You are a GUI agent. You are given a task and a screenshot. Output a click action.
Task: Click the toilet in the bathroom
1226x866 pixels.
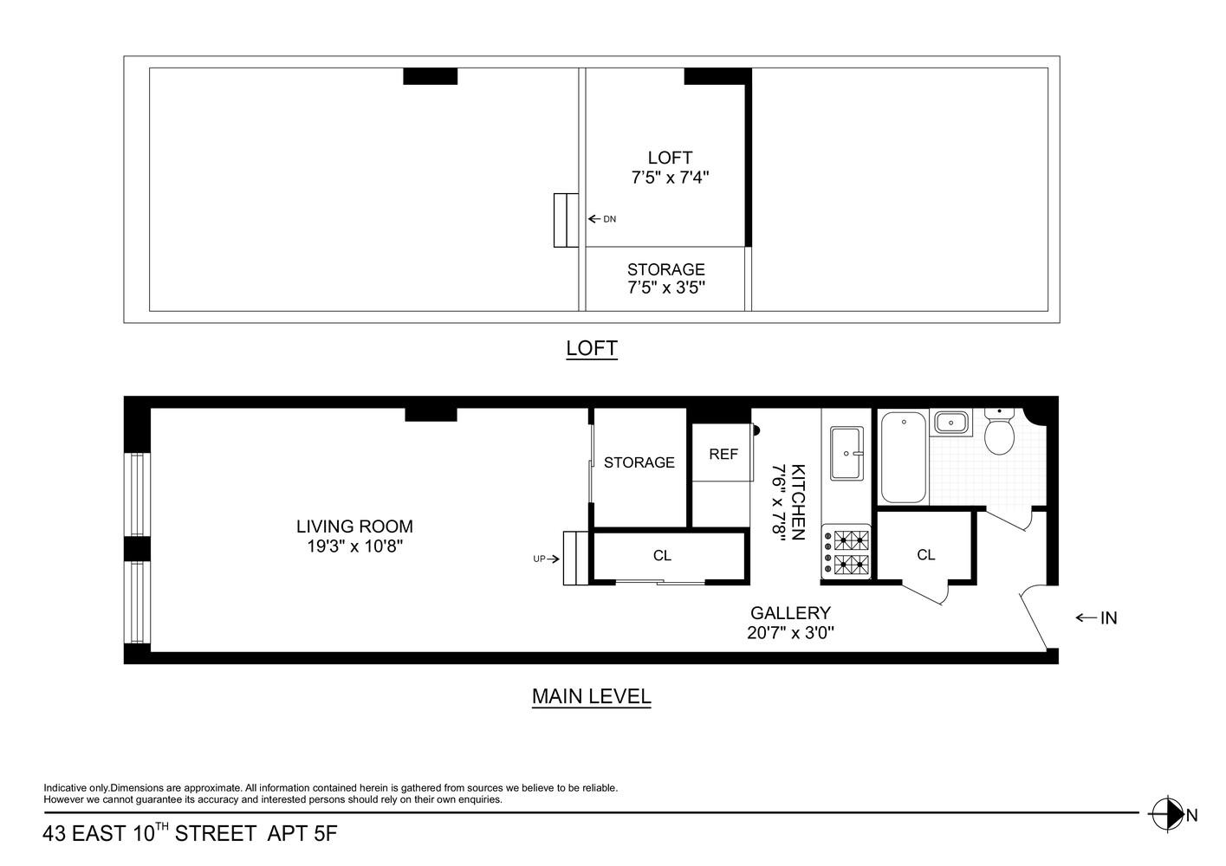[1000, 435]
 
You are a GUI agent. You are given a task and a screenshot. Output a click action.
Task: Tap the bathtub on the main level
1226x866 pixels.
[905, 458]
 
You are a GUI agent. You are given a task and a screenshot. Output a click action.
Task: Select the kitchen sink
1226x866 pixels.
[847, 452]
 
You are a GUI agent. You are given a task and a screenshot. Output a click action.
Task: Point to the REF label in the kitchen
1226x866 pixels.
[723, 454]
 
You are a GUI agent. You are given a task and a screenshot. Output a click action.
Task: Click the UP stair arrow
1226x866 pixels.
[546, 559]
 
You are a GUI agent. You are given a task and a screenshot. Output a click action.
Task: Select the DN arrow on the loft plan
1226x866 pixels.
[602, 219]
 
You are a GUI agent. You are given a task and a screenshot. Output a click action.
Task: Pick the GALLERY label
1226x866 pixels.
[790, 613]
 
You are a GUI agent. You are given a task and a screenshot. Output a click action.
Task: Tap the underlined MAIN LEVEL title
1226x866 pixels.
[591, 696]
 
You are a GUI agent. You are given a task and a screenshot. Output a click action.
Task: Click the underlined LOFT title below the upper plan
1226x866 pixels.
[591, 348]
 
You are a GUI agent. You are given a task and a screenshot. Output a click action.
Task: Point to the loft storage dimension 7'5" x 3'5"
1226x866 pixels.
[666, 288]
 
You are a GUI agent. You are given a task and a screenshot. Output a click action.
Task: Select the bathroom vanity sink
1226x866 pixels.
[950, 423]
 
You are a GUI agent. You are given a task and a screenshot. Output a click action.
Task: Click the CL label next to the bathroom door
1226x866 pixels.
[926, 555]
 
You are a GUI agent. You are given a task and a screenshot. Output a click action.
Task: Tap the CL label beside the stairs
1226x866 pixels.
[662, 556]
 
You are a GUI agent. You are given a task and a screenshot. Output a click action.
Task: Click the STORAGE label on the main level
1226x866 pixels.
[639, 462]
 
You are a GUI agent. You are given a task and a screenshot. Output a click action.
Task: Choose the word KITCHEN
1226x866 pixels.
[798, 502]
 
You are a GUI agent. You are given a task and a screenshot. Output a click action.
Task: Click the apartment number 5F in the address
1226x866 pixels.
[325, 835]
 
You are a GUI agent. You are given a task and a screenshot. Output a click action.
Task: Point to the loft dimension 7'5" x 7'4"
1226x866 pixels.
[670, 178]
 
